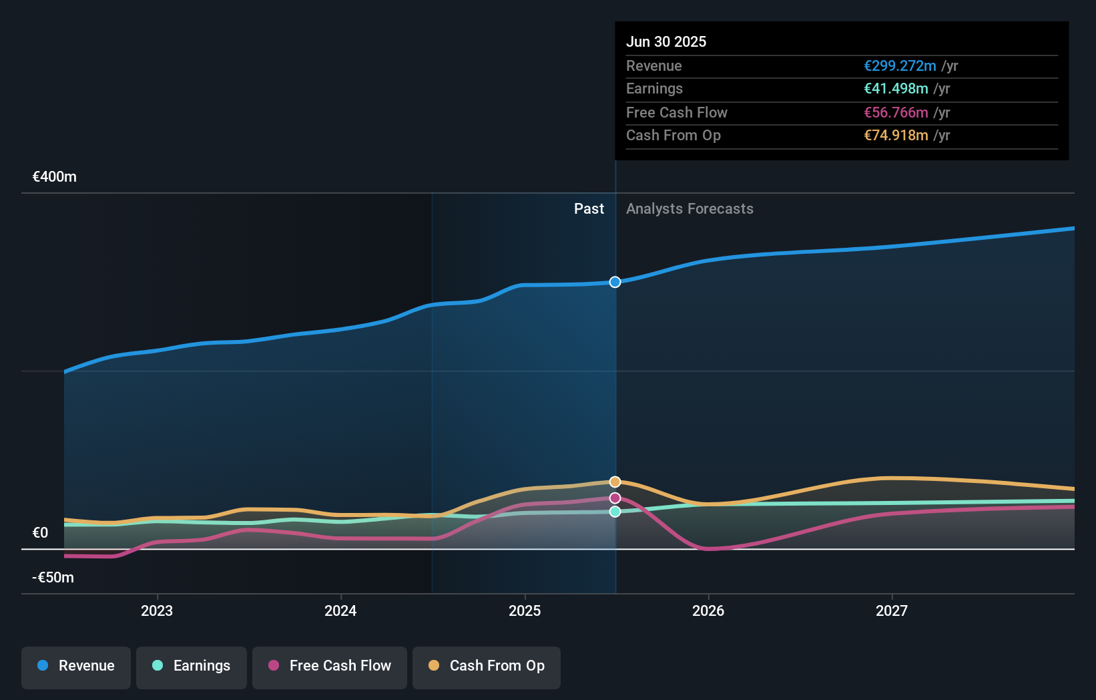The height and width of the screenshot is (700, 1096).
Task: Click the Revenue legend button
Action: coord(76,666)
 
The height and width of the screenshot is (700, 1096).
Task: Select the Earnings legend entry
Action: coord(192,666)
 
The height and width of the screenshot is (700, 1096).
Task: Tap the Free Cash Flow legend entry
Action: coord(330,666)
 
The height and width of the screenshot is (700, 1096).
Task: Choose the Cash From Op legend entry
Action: coord(487,666)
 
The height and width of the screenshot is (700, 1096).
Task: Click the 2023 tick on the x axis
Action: coord(157,610)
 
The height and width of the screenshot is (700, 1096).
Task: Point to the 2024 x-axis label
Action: coord(340,610)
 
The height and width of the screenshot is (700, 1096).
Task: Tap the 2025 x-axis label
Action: coord(525,610)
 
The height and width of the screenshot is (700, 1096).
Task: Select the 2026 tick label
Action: coord(708,610)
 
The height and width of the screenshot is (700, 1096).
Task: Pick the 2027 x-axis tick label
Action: coord(892,610)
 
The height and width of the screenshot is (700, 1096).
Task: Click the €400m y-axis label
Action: coord(55,177)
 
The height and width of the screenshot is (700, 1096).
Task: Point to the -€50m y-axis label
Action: coord(53,578)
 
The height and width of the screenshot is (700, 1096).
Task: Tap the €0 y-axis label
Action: coord(41,533)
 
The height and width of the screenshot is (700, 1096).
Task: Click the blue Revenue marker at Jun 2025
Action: coord(615,282)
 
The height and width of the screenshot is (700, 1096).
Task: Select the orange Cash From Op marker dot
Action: coord(615,482)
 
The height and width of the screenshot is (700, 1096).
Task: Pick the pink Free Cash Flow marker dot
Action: coord(615,498)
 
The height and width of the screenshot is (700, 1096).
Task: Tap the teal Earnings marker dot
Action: coord(615,512)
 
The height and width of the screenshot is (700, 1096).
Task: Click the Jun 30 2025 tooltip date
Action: coord(666,41)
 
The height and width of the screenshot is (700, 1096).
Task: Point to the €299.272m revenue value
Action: coord(900,65)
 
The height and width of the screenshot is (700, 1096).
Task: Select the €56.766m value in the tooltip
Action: coord(896,112)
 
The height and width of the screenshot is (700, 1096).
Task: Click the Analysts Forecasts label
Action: coord(690,209)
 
